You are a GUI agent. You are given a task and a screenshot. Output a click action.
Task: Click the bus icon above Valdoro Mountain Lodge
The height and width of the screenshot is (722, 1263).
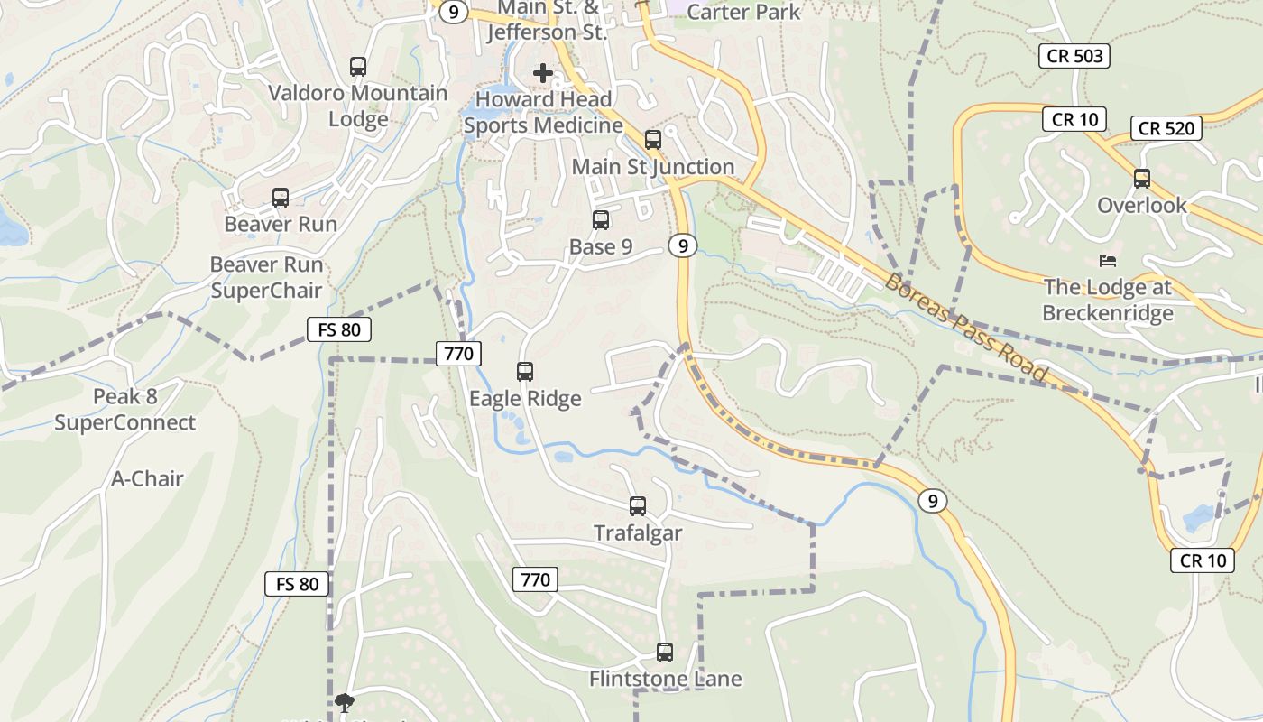[x=358, y=66]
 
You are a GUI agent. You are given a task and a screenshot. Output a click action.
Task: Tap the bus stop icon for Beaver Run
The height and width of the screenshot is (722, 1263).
[x=281, y=198]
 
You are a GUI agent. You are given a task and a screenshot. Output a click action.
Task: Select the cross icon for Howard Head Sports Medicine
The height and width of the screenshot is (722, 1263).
[x=543, y=73]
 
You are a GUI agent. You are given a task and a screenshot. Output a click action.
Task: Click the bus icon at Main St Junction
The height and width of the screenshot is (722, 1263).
[x=653, y=140]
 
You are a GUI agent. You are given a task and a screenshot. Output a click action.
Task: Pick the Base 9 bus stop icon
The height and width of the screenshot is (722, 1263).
[x=601, y=219]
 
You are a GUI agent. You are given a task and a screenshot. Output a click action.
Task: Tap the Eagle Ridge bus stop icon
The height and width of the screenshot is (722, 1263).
[x=525, y=371]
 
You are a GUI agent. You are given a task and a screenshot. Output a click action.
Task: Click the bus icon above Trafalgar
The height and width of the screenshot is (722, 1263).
[x=638, y=506]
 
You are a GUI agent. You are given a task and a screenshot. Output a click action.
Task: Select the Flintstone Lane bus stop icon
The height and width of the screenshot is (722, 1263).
[x=665, y=652]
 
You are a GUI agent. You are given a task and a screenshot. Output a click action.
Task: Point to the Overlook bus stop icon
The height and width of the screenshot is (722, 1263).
[x=1142, y=179]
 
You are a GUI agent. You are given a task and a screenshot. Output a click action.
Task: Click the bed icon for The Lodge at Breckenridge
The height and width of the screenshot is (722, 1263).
[x=1108, y=261]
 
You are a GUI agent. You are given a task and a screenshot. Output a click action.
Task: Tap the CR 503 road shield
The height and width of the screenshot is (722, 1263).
[x=1074, y=56]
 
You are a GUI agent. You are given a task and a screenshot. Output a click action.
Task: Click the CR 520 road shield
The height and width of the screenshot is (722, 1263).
[x=1166, y=128]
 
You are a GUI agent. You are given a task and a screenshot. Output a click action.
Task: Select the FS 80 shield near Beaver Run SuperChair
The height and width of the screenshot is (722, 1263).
[x=339, y=329]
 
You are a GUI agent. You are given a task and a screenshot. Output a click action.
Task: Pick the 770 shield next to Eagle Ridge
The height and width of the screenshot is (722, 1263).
[x=458, y=354]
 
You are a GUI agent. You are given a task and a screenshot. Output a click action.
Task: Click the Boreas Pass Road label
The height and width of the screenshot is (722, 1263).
[x=966, y=328]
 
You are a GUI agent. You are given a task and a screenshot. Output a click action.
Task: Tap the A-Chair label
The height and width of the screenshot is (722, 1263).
[x=147, y=478]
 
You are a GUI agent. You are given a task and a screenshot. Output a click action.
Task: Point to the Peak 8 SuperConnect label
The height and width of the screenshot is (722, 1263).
[x=124, y=410]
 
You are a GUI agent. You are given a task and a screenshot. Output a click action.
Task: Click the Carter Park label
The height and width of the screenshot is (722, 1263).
[x=743, y=12]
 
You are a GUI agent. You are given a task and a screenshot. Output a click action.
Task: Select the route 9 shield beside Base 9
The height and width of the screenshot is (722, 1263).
[x=684, y=245]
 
